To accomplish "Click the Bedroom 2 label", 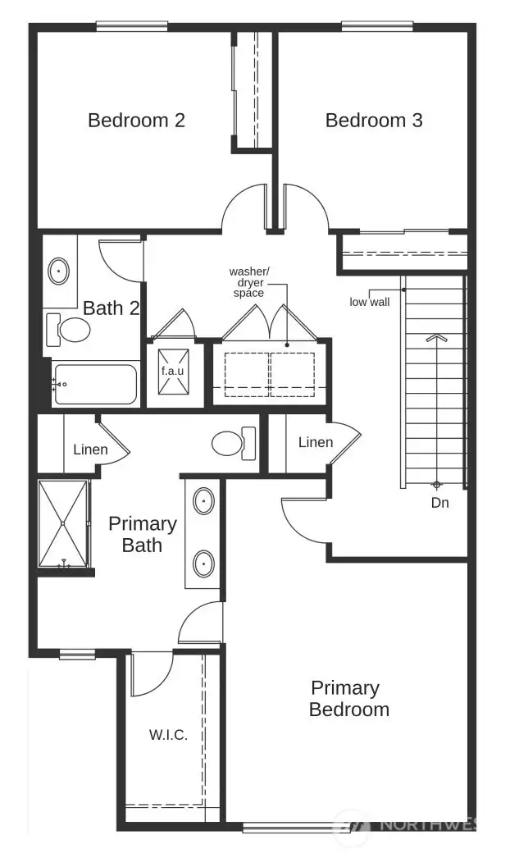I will click(136, 121).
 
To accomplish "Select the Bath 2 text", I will click(112, 308).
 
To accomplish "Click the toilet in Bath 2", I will click(71, 330).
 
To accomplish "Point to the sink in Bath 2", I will click(60, 269).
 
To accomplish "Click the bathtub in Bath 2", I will click(95, 384).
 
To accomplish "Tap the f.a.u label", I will click(172, 370).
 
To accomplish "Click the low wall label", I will click(369, 302).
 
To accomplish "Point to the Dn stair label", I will click(440, 503).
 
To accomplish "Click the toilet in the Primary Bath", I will click(232, 444).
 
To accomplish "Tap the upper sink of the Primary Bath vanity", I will click(203, 500).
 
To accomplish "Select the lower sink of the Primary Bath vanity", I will click(203, 563).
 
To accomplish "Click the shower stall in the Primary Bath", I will click(63, 523).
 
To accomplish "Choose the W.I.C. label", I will click(168, 735).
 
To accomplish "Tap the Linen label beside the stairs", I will click(316, 443).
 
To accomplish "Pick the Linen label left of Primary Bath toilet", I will click(90, 450).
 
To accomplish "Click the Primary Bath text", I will click(142, 534).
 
